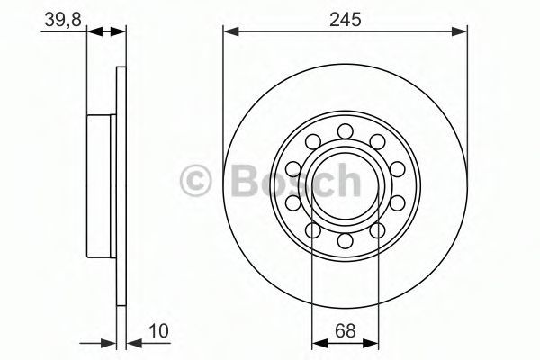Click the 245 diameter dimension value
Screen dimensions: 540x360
346,19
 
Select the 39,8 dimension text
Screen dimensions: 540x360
63,20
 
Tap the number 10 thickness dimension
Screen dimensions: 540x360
158,330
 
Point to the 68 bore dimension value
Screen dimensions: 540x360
345,330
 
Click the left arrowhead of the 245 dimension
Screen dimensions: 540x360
231,31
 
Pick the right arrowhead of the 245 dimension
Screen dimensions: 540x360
459,31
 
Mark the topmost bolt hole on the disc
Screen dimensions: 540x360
345,131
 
